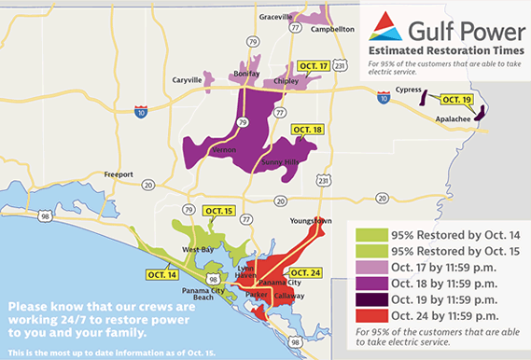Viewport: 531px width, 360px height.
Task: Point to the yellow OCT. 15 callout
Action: [x=217, y=212]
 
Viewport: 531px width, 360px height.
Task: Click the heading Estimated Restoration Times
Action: [x=440, y=48]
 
